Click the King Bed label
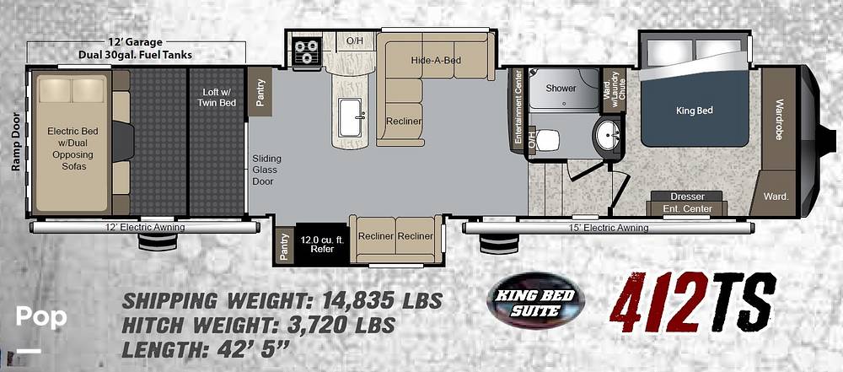click(x=694, y=111)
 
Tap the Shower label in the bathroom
click(x=561, y=89)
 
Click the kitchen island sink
click(x=352, y=118)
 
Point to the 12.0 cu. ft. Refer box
click(x=317, y=244)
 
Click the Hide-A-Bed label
click(x=436, y=60)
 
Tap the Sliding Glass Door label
click(x=267, y=170)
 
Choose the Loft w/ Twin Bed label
click(x=217, y=98)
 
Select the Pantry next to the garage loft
click(x=260, y=91)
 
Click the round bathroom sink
click(x=607, y=132)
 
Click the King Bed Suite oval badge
click(x=529, y=301)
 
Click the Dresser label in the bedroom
click(x=687, y=197)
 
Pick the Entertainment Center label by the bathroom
click(x=519, y=106)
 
